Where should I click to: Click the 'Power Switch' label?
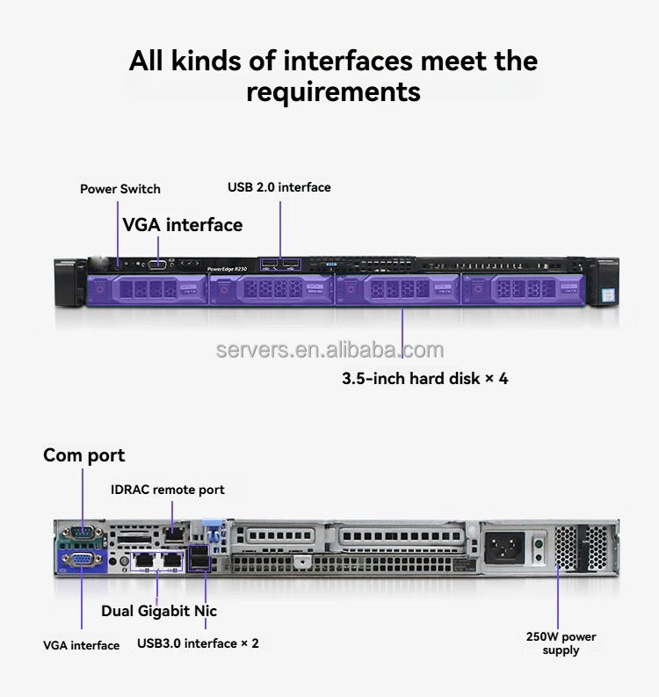[x=120, y=189]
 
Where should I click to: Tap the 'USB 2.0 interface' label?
[x=279, y=187]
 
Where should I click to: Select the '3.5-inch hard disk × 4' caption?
[x=425, y=379]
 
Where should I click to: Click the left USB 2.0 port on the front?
[x=269, y=264]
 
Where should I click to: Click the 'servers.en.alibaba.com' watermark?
[x=330, y=351]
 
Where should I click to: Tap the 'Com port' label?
[x=84, y=455]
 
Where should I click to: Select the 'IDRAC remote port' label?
[x=167, y=490]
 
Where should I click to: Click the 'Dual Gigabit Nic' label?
[x=159, y=611]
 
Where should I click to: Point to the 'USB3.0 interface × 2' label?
[x=198, y=643]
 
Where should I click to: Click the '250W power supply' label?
[x=561, y=643]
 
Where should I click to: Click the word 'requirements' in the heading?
[x=333, y=91]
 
